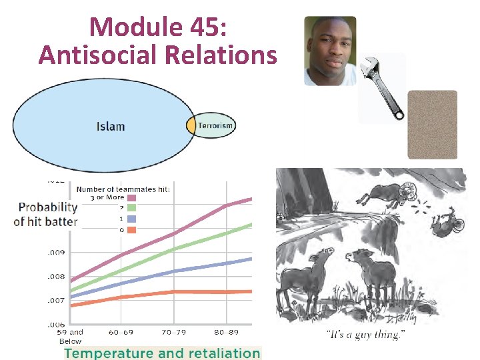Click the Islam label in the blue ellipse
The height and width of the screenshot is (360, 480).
111,126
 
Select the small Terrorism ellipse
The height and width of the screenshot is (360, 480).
212,125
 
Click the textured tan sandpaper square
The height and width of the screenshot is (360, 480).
432,125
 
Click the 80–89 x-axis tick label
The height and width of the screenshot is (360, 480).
227,331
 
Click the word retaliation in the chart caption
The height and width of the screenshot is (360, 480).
220,353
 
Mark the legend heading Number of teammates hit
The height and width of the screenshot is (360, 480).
124,189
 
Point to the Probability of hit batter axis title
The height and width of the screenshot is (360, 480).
46,214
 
